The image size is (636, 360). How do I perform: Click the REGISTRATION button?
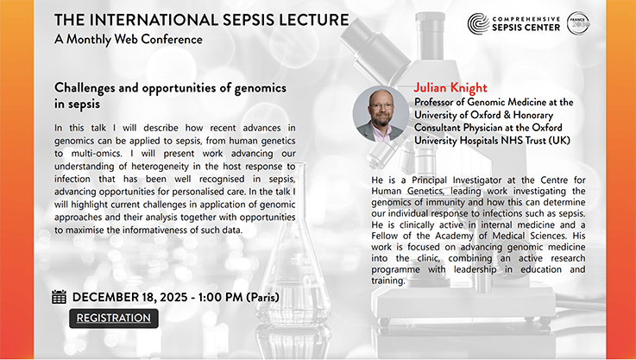(x=114, y=319)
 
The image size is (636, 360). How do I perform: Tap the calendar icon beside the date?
(x=60, y=297)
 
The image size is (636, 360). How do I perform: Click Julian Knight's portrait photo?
(x=381, y=114)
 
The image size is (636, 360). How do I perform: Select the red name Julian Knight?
(x=451, y=88)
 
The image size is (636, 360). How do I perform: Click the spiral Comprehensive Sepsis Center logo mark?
(x=478, y=23)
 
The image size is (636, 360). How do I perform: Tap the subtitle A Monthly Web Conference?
(x=128, y=40)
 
